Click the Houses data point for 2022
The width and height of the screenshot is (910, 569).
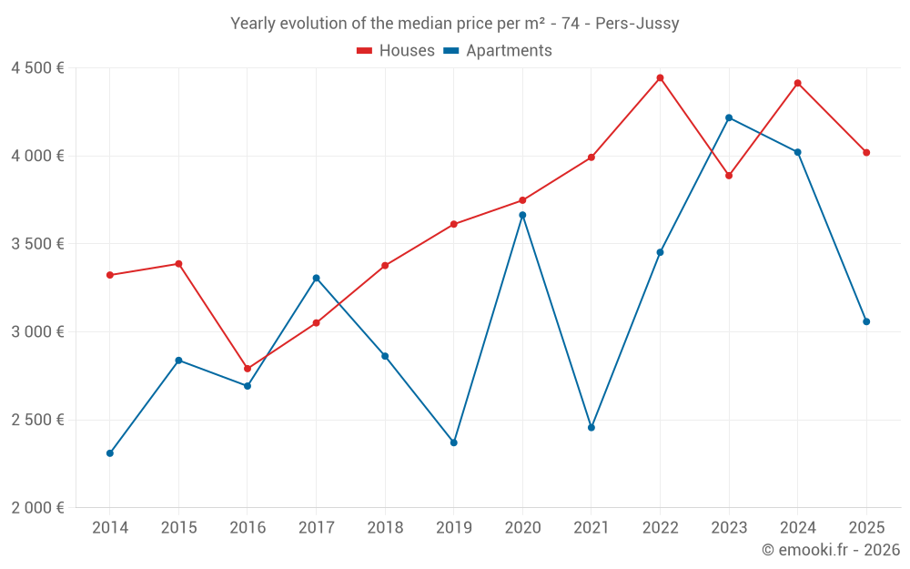click(x=660, y=77)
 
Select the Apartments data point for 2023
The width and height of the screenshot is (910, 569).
click(x=729, y=117)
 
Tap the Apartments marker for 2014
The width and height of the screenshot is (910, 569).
click(x=110, y=453)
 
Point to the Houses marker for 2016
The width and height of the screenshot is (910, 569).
click(x=248, y=369)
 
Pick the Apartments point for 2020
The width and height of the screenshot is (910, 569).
click(x=522, y=215)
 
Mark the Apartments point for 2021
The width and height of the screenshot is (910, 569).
click(x=591, y=427)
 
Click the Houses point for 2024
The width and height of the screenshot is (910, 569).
click(x=798, y=83)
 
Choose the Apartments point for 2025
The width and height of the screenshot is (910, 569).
click(x=866, y=321)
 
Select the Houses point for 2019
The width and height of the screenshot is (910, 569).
click(x=454, y=224)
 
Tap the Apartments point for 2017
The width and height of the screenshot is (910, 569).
click(x=316, y=278)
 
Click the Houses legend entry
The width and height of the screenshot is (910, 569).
click(x=396, y=51)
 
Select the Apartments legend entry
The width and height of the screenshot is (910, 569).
click(x=498, y=51)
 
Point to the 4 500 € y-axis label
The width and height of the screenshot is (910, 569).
click(x=37, y=68)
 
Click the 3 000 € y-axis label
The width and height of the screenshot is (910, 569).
click(x=37, y=332)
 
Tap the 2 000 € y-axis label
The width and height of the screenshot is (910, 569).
click(x=37, y=508)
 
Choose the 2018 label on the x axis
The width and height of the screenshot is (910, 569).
click(x=385, y=528)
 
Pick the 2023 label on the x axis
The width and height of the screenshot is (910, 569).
click(x=729, y=528)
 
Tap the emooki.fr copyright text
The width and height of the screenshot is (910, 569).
click(x=831, y=550)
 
